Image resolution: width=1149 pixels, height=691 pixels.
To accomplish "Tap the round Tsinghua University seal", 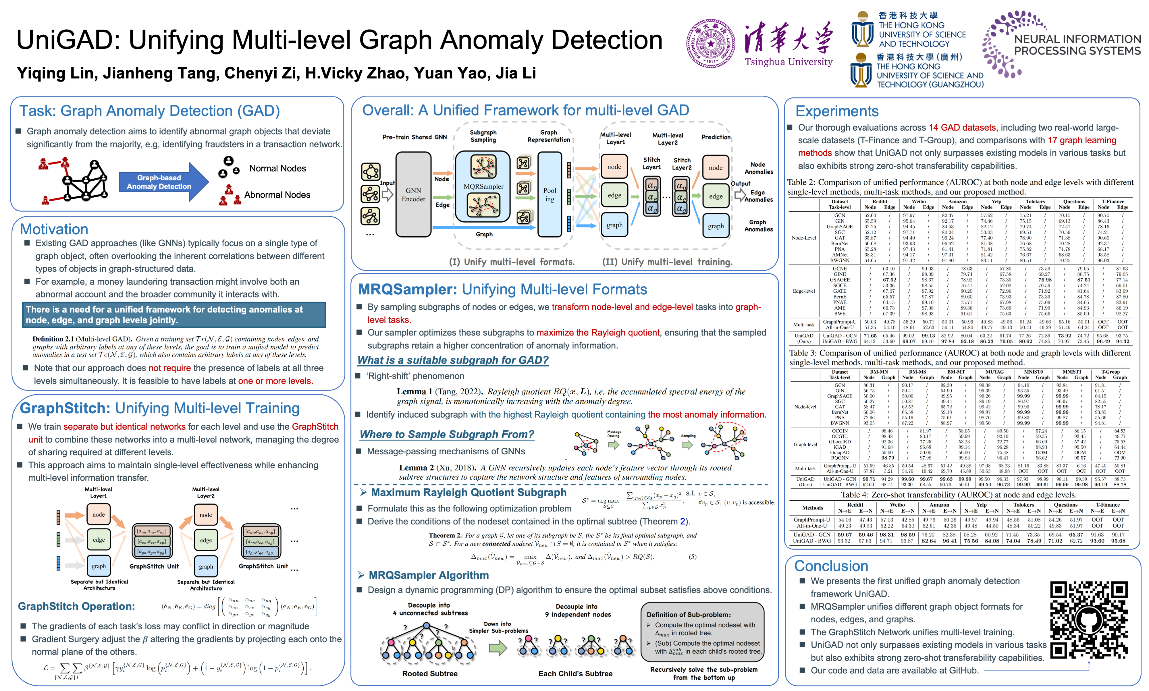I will click(711, 43).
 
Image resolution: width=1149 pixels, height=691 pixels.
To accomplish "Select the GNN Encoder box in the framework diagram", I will click(413, 195).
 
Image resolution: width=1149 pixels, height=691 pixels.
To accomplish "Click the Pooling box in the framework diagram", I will click(550, 195).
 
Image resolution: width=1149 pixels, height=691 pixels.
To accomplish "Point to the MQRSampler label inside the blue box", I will click(483, 186).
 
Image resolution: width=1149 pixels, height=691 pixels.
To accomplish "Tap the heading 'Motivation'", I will click(54, 229).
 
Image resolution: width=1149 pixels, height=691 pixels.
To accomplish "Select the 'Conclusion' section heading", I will click(831, 566).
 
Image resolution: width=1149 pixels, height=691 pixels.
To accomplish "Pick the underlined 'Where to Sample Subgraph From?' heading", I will click(447, 435).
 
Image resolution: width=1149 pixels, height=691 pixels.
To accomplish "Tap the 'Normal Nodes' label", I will click(277, 169).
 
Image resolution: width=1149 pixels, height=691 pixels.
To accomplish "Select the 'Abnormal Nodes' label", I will click(277, 195).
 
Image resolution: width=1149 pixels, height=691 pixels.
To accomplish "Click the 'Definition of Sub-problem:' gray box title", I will click(688, 615).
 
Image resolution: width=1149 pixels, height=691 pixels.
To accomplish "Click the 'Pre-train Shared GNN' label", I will click(415, 137).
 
